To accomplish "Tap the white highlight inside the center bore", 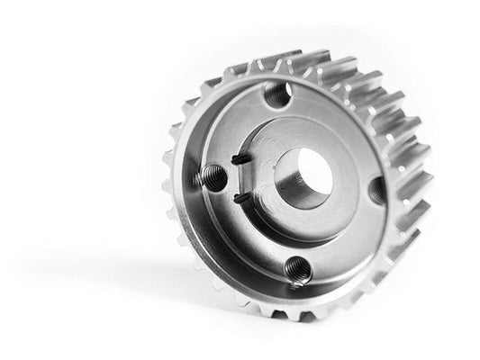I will [315, 166].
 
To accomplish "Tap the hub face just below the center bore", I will [302, 216].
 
